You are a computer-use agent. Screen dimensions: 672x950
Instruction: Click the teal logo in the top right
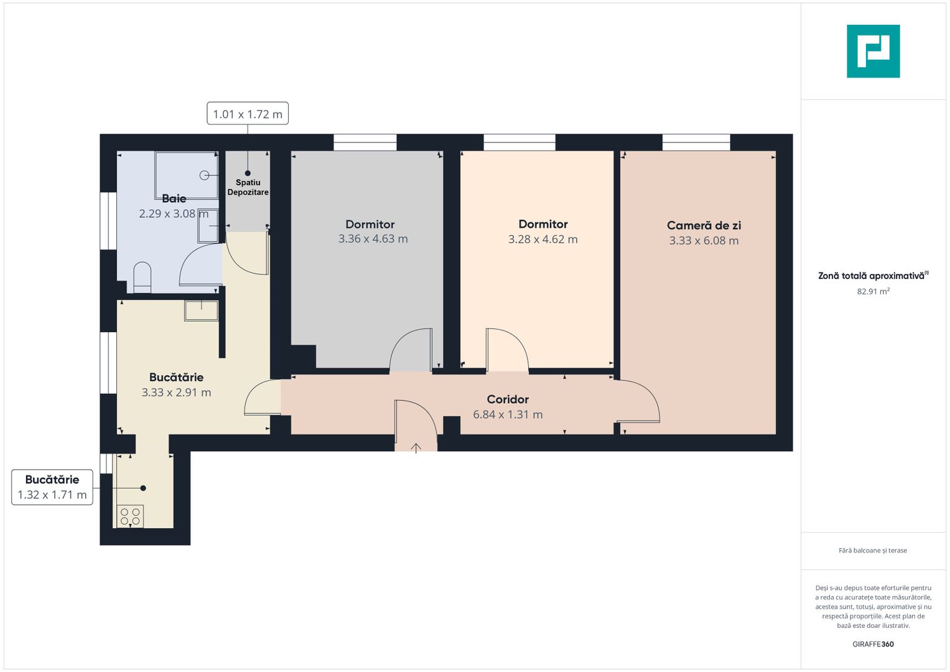(873, 51)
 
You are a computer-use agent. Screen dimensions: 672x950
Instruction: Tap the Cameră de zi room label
(704, 225)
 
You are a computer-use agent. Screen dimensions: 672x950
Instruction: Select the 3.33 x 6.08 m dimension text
(704, 241)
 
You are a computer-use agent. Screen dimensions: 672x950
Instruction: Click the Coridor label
(508, 399)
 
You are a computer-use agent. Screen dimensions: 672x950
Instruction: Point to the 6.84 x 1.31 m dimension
(508, 414)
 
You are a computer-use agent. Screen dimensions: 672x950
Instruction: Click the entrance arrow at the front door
(416, 447)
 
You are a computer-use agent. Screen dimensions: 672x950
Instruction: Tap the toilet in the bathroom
(142, 276)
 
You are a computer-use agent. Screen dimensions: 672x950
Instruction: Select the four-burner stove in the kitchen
(131, 516)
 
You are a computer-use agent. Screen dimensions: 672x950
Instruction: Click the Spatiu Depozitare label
(248, 187)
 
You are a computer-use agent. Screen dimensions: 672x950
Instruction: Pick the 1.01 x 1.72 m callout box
(248, 114)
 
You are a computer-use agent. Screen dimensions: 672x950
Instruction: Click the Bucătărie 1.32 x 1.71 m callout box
(52, 487)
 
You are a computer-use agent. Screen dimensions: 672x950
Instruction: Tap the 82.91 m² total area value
(873, 291)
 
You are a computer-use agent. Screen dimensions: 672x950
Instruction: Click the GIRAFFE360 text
(873, 644)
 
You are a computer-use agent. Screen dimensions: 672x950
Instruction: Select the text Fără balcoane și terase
(873, 551)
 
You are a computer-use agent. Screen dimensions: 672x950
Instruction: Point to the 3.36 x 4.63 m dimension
(373, 239)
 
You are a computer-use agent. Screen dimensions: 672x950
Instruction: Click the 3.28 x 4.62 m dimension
(543, 240)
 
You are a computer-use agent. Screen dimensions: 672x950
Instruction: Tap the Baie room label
(174, 198)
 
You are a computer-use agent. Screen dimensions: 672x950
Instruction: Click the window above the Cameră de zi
(696, 142)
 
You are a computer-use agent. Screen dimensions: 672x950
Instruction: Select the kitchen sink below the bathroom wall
(201, 310)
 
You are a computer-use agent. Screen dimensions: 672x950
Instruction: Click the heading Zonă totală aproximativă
(872, 276)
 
